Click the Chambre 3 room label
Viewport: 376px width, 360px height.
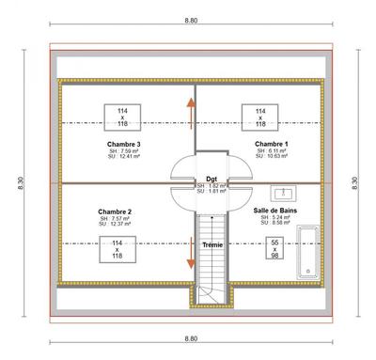click(125, 143)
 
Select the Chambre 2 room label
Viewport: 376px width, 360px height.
click(115, 212)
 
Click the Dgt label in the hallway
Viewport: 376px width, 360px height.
click(212, 178)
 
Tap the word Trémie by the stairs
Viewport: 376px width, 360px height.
click(213, 244)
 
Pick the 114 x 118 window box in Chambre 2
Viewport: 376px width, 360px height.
click(117, 249)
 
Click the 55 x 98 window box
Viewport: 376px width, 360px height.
click(275, 249)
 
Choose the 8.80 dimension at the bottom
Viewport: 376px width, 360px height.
click(191, 337)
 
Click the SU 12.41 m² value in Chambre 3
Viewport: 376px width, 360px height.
click(125, 157)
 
